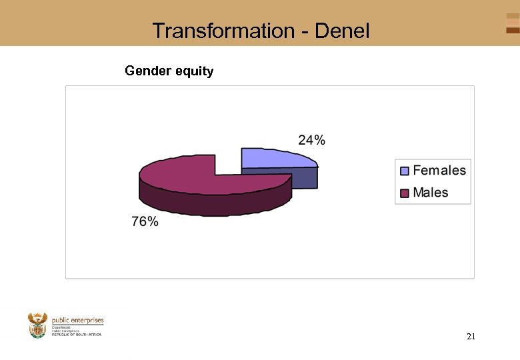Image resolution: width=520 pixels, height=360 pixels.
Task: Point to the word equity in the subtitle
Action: point(194,71)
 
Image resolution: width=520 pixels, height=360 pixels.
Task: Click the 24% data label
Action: point(311,140)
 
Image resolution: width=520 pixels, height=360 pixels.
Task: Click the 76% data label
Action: point(145,222)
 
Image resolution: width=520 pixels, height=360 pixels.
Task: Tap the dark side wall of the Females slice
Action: point(280,178)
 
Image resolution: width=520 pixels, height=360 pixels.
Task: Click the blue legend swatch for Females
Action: point(404,171)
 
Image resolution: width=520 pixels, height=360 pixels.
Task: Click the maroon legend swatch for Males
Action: point(404,193)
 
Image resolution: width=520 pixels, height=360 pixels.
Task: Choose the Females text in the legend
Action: point(439,171)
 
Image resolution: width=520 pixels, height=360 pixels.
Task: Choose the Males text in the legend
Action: point(431,193)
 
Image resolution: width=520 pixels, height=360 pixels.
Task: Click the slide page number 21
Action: point(471,337)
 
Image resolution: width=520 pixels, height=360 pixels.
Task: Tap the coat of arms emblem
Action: point(38,325)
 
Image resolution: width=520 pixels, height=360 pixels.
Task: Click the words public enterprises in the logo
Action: point(77,321)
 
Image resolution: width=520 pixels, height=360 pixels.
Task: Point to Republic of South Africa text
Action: point(77,334)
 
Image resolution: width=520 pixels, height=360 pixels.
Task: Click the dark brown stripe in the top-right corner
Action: point(512,30)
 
